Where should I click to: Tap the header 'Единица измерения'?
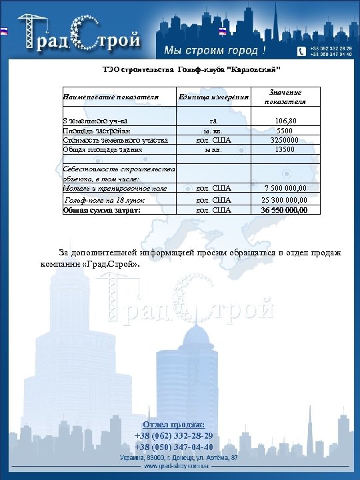[214, 97]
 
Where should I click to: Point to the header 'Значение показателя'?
[285, 97]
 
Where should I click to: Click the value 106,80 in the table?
[285, 121]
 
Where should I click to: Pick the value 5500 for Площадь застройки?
[285, 131]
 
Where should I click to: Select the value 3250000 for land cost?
[285, 140]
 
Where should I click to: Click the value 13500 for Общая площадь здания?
[285, 150]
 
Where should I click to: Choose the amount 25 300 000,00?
[285, 199]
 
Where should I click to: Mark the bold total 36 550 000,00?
[285, 210]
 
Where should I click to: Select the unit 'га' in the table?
[213, 121]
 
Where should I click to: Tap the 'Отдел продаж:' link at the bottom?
[174, 425]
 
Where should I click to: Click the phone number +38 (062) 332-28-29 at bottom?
[174, 435]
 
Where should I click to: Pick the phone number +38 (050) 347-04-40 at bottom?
[174, 447]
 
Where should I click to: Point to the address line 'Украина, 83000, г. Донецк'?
[179, 458]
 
